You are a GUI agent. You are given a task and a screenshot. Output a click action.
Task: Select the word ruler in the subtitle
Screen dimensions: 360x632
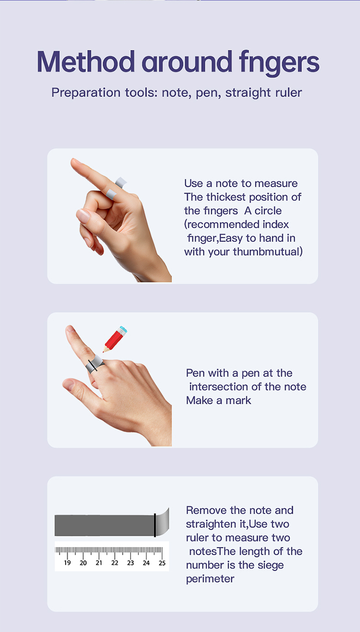pyautogui.click(x=288, y=92)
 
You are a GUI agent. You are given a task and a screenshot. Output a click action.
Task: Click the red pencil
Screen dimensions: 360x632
pyautogui.click(x=115, y=340)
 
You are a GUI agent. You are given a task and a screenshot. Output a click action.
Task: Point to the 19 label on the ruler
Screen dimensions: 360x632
pyautogui.click(x=67, y=563)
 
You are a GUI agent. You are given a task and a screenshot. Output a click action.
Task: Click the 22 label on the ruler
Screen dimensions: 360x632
pyautogui.click(x=114, y=563)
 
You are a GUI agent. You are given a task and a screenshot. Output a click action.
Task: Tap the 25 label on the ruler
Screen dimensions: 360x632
pyautogui.click(x=162, y=563)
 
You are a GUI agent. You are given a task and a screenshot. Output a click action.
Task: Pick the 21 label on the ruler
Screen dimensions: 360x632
pyautogui.click(x=99, y=563)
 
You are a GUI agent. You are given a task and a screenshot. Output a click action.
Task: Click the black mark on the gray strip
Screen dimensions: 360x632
pyautogui.click(x=155, y=525)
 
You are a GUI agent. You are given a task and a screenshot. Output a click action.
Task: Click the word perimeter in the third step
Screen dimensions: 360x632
pyautogui.click(x=210, y=579)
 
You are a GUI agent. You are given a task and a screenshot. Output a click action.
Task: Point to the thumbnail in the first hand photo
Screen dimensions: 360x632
pyautogui.click(x=84, y=216)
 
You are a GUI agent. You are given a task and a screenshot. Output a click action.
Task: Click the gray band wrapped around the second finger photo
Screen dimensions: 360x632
pyautogui.click(x=95, y=364)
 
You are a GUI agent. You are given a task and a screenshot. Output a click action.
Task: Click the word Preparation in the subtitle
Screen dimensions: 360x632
pyautogui.click(x=86, y=93)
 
